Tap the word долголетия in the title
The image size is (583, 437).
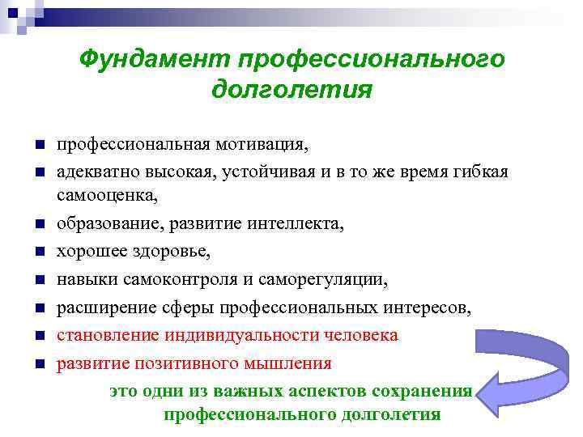click(291, 89)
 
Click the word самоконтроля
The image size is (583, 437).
click(181, 280)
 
